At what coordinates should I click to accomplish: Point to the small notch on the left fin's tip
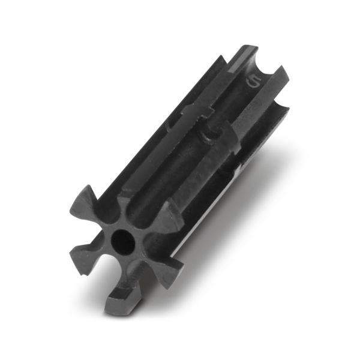click(x=84, y=274)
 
